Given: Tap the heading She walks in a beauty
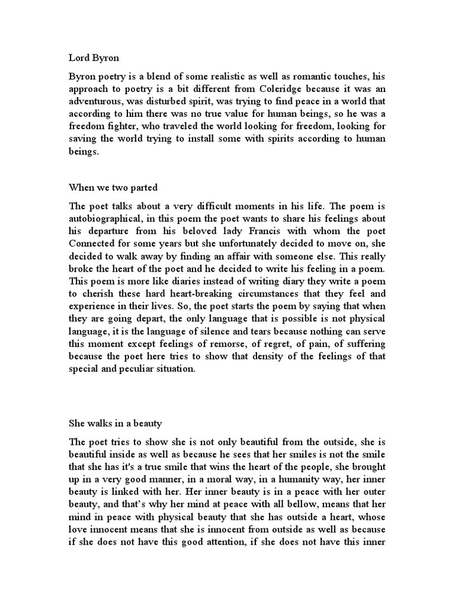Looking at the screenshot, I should click(x=116, y=424).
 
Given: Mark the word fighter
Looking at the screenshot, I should click(x=126, y=140).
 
